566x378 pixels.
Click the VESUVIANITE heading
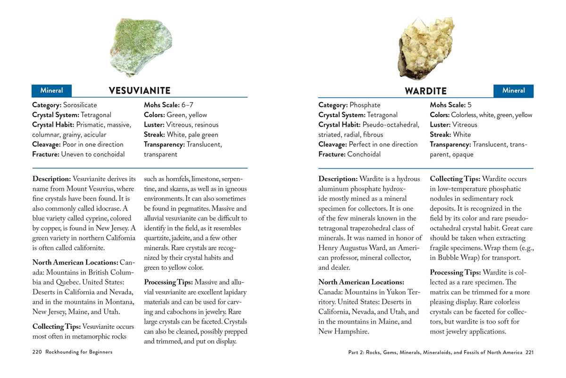140,91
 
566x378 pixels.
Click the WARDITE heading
426,91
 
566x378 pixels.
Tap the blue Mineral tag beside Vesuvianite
51,90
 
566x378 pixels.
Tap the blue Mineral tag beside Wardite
513,90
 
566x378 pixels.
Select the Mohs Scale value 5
470,105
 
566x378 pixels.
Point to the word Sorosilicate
80,105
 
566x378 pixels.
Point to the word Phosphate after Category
365,105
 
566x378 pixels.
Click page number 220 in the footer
37,352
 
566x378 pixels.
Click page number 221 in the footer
529,352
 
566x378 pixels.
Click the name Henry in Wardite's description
328,248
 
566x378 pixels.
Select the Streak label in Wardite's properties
441,135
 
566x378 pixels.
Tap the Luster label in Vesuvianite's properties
154,125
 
